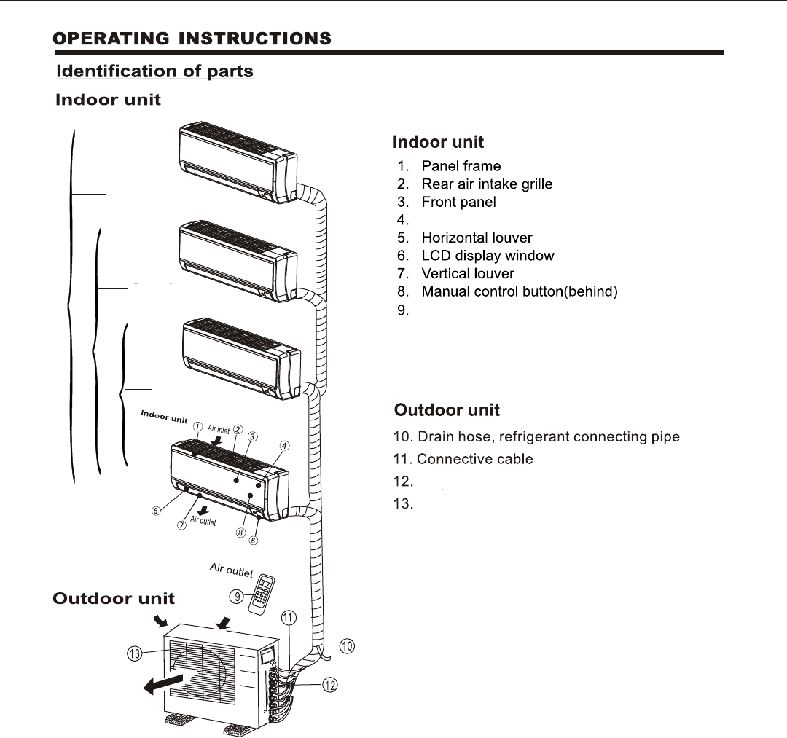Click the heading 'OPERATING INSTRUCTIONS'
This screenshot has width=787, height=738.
click(194, 38)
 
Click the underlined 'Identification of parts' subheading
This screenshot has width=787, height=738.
click(155, 71)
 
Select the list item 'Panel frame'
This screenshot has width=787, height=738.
click(461, 166)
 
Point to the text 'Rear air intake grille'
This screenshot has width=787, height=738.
click(487, 184)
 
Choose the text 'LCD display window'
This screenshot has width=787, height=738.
click(488, 256)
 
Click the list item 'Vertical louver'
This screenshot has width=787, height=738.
click(468, 274)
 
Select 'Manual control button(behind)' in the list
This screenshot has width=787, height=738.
click(520, 292)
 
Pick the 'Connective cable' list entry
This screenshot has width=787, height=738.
click(474, 459)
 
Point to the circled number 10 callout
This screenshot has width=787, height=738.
click(347, 645)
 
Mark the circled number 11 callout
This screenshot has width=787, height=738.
click(289, 619)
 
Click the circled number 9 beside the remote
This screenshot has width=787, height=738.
click(236, 597)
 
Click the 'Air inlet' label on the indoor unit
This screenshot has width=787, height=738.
click(219, 429)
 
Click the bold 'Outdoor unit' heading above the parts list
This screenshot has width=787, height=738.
click(447, 410)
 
